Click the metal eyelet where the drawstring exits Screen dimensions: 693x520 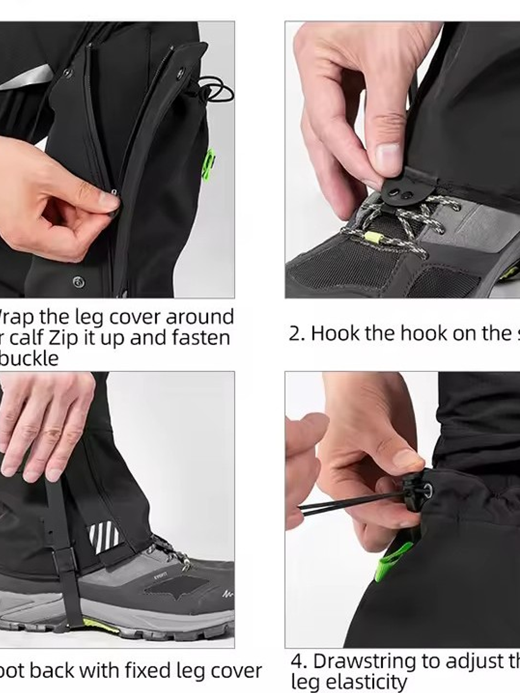427,490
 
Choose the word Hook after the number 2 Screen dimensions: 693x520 334,334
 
